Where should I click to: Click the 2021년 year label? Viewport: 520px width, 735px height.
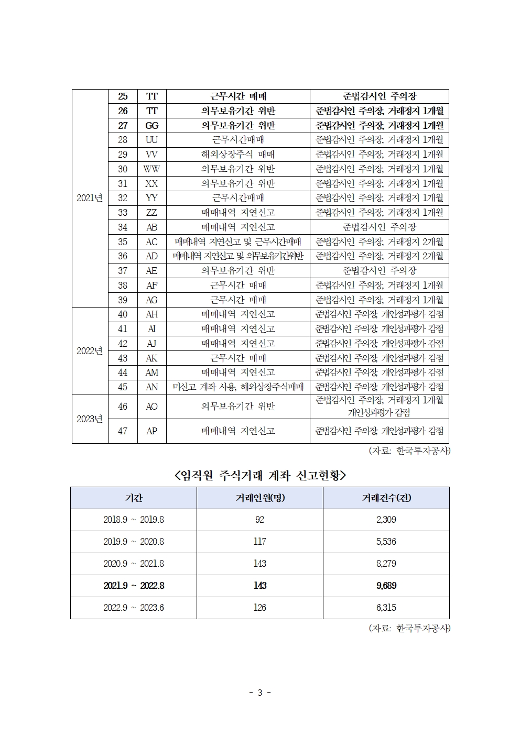tap(90, 198)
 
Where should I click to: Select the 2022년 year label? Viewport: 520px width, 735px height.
tap(90, 351)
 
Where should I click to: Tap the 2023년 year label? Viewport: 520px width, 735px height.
tap(90, 419)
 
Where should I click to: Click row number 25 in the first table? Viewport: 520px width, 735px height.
tap(123, 96)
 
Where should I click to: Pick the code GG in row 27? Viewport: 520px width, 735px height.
tap(151, 126)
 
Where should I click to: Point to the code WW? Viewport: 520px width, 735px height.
tap(151, 169)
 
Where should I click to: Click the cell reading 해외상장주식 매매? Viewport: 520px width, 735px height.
tap(238, 155)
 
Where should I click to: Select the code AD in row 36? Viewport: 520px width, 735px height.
tap(151, 256)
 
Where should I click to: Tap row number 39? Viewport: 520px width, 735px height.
tap(123, 300)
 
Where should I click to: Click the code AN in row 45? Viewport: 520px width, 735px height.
tap(151, 387)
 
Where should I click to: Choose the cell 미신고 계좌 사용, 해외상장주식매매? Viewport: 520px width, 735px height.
tap(238, 387)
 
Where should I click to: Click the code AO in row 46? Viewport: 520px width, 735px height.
tap(151, 407)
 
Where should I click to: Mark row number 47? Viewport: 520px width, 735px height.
tap(123, 431)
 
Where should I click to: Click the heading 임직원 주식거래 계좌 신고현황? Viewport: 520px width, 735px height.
tap(260, 475)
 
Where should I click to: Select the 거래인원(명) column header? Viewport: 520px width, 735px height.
tap(260, 498)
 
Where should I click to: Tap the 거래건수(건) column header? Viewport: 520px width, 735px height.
tap(386, 498)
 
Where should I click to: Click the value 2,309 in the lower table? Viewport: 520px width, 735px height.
tap(386, 520)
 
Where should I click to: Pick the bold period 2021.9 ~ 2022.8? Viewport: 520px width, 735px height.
tap(134, 586)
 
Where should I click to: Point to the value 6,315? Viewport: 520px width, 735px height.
tap(386, 608)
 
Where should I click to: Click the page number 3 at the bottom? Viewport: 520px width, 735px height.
tap(260, 693)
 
